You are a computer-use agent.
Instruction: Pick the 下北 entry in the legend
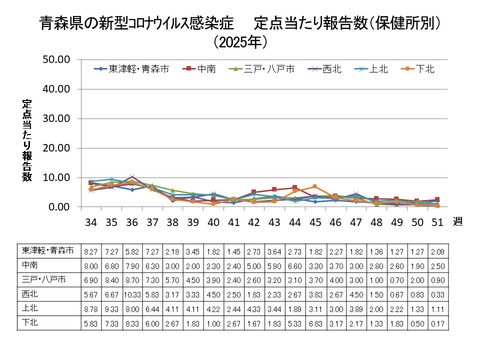[423, 69]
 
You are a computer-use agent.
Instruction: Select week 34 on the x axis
[91, 222]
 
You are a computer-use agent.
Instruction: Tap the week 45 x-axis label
[315, 222]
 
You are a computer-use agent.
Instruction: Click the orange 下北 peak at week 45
[315, 187]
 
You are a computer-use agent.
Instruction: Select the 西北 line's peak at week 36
[132, 177]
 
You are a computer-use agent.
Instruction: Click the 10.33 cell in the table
[132, 295]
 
